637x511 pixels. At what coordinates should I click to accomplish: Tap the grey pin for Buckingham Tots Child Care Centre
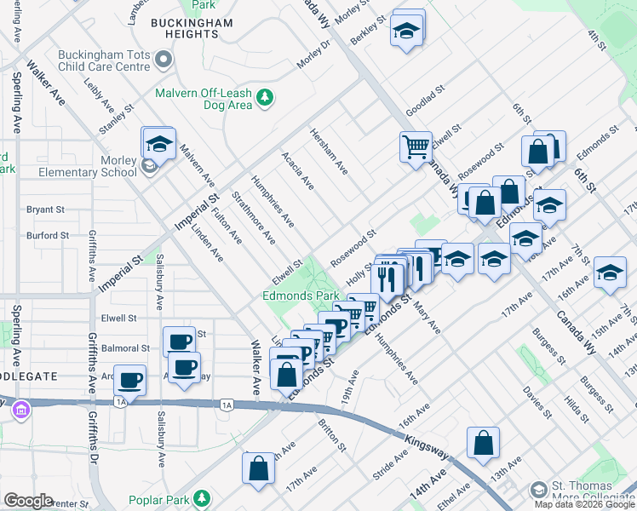164,59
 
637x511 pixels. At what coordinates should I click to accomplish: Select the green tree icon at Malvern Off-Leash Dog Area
265,98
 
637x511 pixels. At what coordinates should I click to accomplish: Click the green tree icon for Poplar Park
202,497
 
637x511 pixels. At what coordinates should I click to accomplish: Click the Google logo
28,500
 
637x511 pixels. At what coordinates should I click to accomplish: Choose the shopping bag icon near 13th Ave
483,443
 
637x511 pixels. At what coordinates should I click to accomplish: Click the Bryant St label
45,209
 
